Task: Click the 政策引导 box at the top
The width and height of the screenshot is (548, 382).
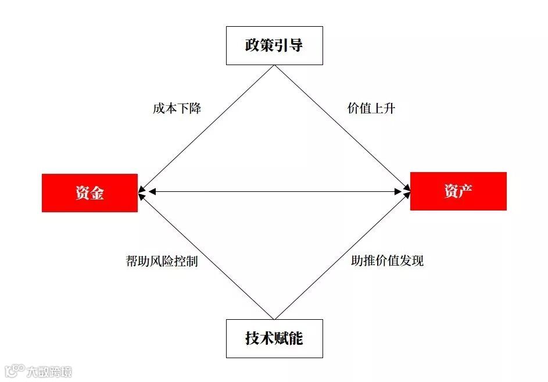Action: pyautogui.click(x=274, y=45)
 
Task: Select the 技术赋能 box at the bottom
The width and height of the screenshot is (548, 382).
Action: pyautogui.click(x=274, y=338)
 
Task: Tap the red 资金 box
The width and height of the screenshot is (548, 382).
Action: pyautogui.click(x=89, y=192)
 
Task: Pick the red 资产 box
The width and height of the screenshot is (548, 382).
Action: pyautogui.click(x=458, y=191)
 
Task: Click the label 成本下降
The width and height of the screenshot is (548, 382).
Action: pyautogui.click(x=177, y=108)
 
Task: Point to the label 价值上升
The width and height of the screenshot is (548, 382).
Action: pyautogui.click(x=371, y=108)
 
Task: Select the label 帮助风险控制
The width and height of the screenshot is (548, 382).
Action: pyautogui.click(x=162, y=261)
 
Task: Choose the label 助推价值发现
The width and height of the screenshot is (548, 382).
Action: pyautogui.click(x=388, y=261)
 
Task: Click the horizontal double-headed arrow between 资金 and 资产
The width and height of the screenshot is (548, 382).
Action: pyautogui.click(x=274, y=191)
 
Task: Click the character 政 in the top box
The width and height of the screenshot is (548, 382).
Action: pyautogui.click(x=252, y=45)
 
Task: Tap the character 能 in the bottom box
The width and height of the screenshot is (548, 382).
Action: pyautogui.click(x=295, y=338)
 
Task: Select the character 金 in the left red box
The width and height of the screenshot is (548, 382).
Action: pyautogui.click(x=97, y=192)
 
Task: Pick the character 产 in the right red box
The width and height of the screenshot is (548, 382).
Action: pyautogui.click(x=465, y=191)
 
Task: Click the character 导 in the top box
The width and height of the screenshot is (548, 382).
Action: pyautogui.click(x=295, y=45)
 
